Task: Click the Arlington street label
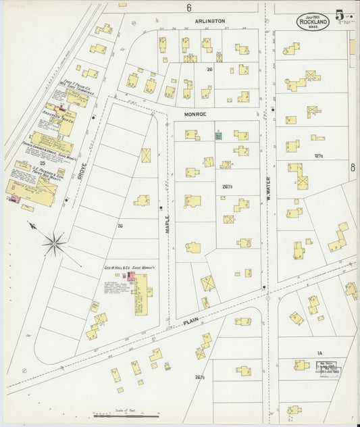pyautogui.click(x=209, y=21)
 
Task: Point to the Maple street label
pyautogui.click(x=168, y=224)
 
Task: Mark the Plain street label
pyautogui.click(x=192, y=326)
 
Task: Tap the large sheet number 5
pyautogui.click(x=339, y=16)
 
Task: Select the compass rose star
pyautogui.click(x=55, y=241)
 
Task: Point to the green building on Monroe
pyautogui.click(x=218, y=136)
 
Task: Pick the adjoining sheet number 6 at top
pyautogui.click(x=189, y=8)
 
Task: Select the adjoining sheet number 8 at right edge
pyautogui.click(x=353, y=167)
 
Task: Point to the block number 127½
pyautogui.click(x=319, y=155)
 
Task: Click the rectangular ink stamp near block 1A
pyautogui.click(x=330, y=368)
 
